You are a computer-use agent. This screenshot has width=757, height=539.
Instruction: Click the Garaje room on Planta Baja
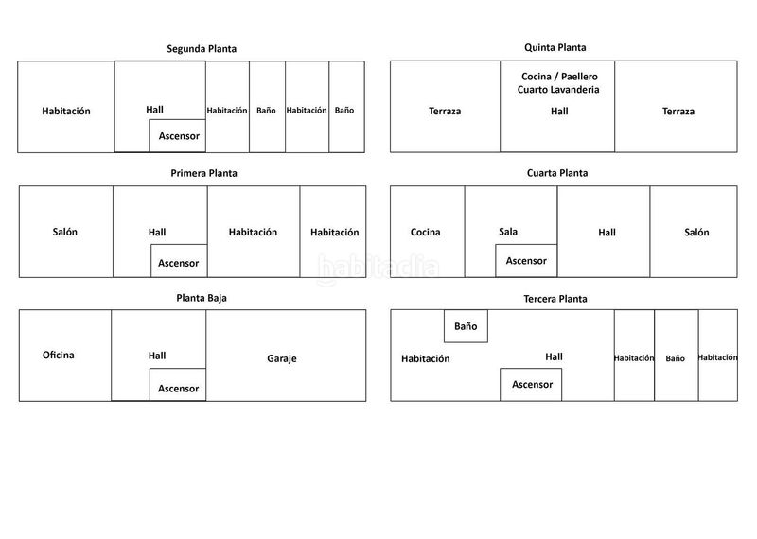(286, 356)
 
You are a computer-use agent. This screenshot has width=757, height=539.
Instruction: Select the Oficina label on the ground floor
(59, 356)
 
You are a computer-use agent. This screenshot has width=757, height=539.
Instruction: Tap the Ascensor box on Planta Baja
(178, 385)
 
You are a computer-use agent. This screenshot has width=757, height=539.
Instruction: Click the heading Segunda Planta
(202, 49)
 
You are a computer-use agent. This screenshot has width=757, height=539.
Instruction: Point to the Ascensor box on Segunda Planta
(177, 135)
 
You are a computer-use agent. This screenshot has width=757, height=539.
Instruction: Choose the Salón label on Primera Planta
(64, 232)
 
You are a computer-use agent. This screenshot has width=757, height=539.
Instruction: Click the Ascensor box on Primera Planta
(179, 261)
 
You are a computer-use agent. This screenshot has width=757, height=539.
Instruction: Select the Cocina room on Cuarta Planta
(428, 232)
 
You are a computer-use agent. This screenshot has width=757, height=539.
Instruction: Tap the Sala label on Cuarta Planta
(508, 232)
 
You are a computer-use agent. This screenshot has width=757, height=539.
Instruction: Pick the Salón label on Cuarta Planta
(696, 232)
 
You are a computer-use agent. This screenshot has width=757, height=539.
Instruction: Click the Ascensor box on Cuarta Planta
(526, 261)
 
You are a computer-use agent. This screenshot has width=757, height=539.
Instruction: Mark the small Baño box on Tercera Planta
(466, 326)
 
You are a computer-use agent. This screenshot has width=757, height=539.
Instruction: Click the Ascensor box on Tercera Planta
(531, 385)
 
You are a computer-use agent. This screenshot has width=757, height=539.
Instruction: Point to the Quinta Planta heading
(555, 47)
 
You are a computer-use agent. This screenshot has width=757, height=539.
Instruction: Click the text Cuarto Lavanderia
(558, 89)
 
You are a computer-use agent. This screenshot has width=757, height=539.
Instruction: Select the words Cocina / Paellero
(559, 77)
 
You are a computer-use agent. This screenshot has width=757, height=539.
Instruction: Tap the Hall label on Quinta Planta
(559, 111)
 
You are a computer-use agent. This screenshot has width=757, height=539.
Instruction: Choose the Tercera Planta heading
(555, 299)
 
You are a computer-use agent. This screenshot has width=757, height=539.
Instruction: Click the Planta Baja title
(202, 298)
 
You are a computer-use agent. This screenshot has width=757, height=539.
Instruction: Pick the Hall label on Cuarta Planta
(607, 233)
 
